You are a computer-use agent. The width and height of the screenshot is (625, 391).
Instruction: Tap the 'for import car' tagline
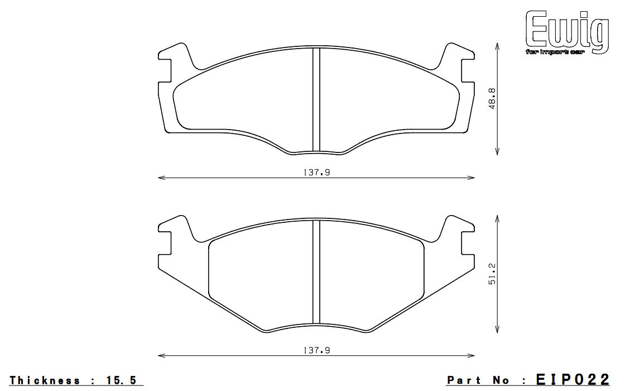(564, 53)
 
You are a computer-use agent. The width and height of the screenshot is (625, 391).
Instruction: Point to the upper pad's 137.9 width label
(316, 173)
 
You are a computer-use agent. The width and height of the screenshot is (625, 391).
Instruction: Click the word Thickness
(45, 380)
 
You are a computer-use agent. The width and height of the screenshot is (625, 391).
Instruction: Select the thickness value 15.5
(119, 380)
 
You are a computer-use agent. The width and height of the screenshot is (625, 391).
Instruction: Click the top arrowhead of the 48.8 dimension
(497, 47)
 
